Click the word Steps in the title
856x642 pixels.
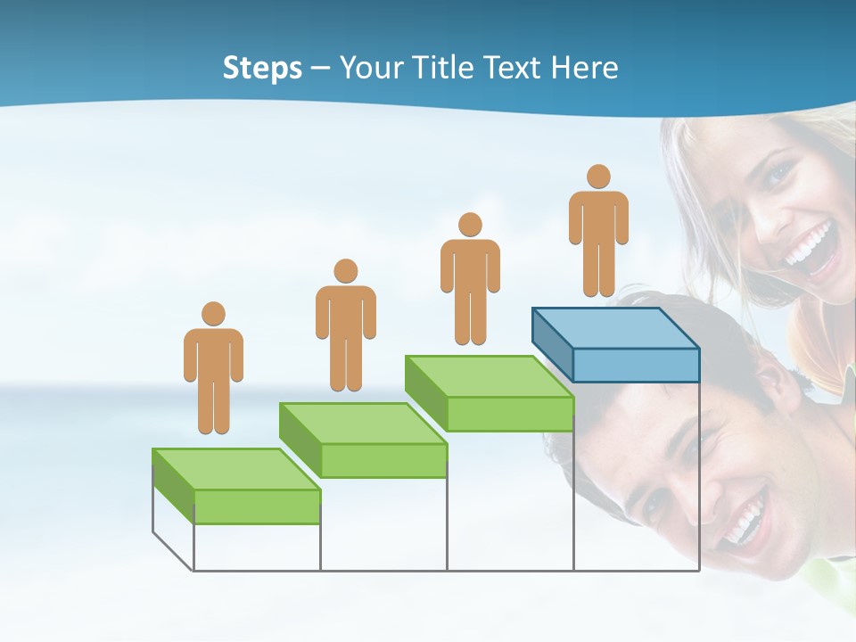262,69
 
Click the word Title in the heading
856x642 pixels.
445,68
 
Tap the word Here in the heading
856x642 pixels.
585,68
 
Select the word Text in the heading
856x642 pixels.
516,68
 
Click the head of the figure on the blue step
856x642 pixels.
598,176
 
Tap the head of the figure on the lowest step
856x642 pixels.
213,313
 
